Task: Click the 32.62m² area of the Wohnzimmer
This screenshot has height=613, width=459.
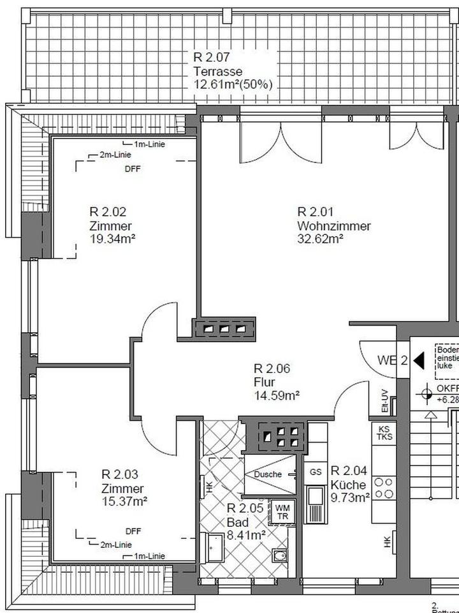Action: pos(320,239)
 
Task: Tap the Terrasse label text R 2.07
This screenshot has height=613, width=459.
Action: pos(212,57)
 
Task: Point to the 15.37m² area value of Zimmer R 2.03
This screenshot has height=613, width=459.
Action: pos(124,501)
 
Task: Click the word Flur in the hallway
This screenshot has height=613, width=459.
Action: pos(264,382)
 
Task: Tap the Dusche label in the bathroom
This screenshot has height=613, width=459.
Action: pos(267,474)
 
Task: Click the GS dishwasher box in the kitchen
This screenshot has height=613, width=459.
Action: pos(316,472)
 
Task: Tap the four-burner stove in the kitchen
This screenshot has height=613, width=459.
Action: pos(384,488)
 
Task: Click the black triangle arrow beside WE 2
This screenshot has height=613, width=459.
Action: pos(419,360)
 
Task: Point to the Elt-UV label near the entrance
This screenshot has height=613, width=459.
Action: pos(384,402)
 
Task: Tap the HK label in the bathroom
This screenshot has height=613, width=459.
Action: pos(210,487)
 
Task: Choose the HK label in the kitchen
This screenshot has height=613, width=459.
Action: pos(387,542)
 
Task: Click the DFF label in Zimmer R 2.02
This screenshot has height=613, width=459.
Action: pos(133,169)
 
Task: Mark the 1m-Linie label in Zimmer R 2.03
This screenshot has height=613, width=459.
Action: pos(149,556)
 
